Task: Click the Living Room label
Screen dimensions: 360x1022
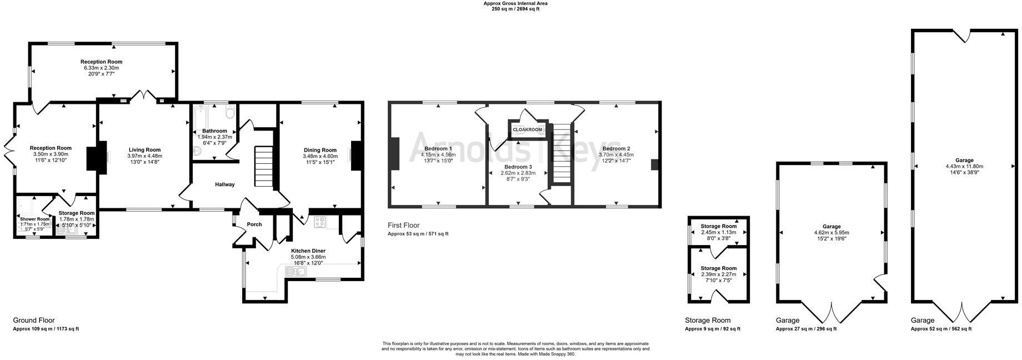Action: (144, 149)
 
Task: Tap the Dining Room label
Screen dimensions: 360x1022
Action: (320, 149)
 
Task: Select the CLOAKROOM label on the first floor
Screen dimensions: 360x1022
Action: (527, 129)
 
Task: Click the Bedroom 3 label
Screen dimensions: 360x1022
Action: (518, 167)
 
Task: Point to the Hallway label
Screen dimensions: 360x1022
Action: (225, 184)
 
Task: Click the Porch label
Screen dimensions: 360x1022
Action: (254, 224)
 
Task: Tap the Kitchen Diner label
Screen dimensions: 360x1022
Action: (308, 251)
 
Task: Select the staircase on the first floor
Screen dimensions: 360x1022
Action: (562, 153)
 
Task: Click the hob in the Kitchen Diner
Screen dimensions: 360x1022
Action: (320, 222)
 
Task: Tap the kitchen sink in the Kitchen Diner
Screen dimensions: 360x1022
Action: (295, 272)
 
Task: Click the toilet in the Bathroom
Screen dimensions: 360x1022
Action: (229, 113)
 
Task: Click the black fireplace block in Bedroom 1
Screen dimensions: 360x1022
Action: (395, 153)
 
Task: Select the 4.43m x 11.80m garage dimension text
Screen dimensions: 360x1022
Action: (964, 166)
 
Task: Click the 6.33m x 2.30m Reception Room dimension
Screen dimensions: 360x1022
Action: (101, 68)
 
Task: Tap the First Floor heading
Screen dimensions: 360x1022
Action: (404, 225)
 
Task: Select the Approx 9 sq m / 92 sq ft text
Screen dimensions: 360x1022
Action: (712, 329)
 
